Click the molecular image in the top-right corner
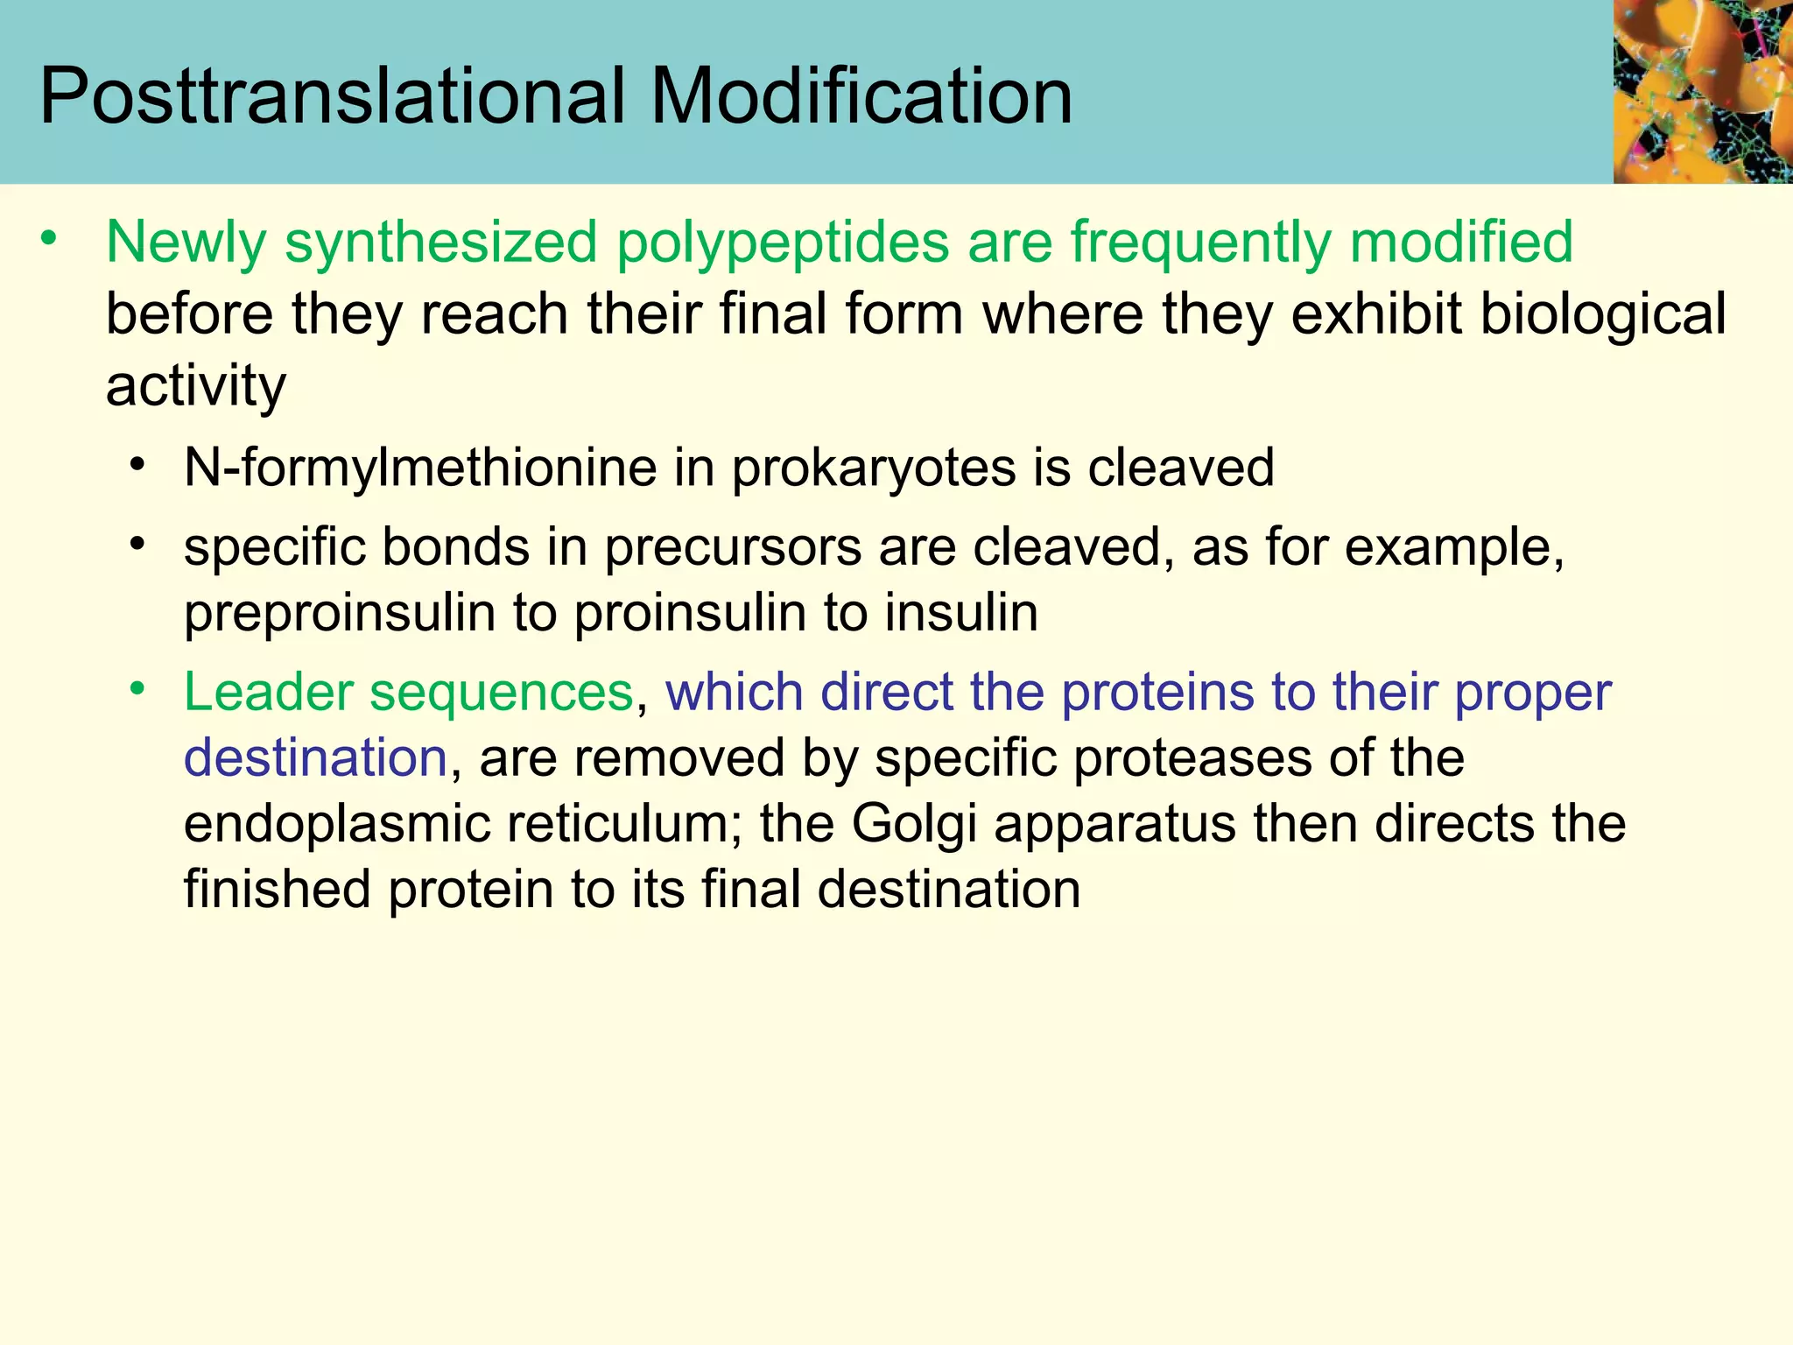coord(1703,91)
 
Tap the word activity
coord(195,387)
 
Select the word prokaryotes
coord(873,468)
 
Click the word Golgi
coord(913,825)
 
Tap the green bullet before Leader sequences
coord(137,688)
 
